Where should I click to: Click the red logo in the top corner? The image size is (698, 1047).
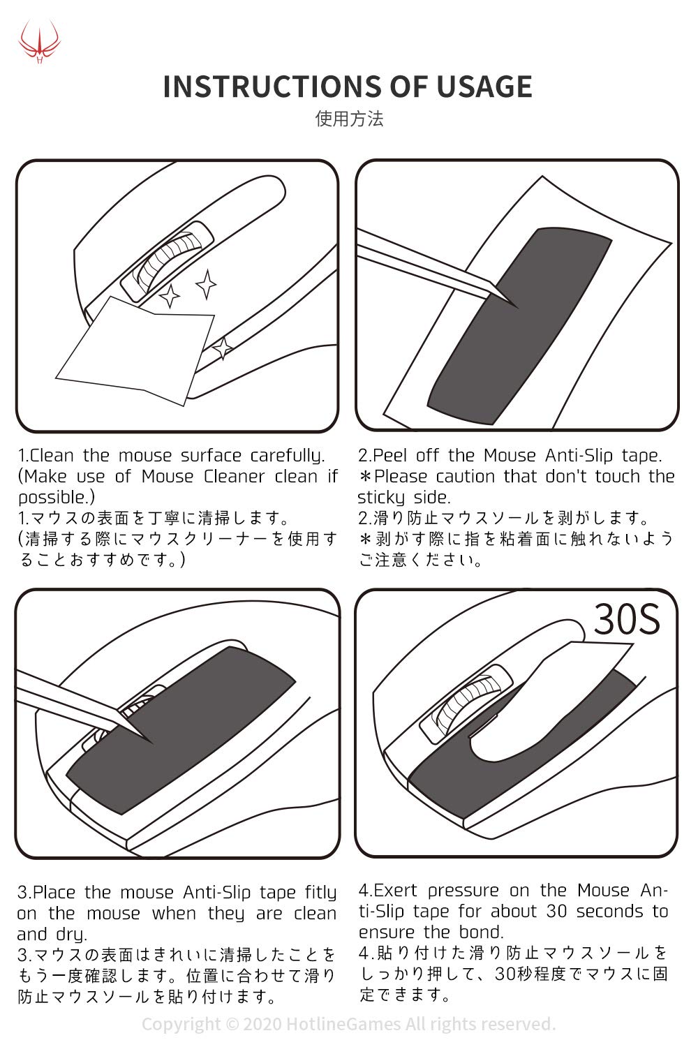39,41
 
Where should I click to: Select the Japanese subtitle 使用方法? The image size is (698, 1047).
349,119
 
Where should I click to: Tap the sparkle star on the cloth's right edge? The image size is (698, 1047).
223,348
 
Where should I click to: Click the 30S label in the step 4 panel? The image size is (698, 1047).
627,619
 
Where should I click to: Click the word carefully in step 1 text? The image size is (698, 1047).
287,456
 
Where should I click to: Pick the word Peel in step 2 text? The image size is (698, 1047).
389,455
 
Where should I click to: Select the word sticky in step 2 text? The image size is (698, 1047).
380,498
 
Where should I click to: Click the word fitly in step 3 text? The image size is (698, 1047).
320,893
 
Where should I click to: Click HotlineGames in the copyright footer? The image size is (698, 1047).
343,1024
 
